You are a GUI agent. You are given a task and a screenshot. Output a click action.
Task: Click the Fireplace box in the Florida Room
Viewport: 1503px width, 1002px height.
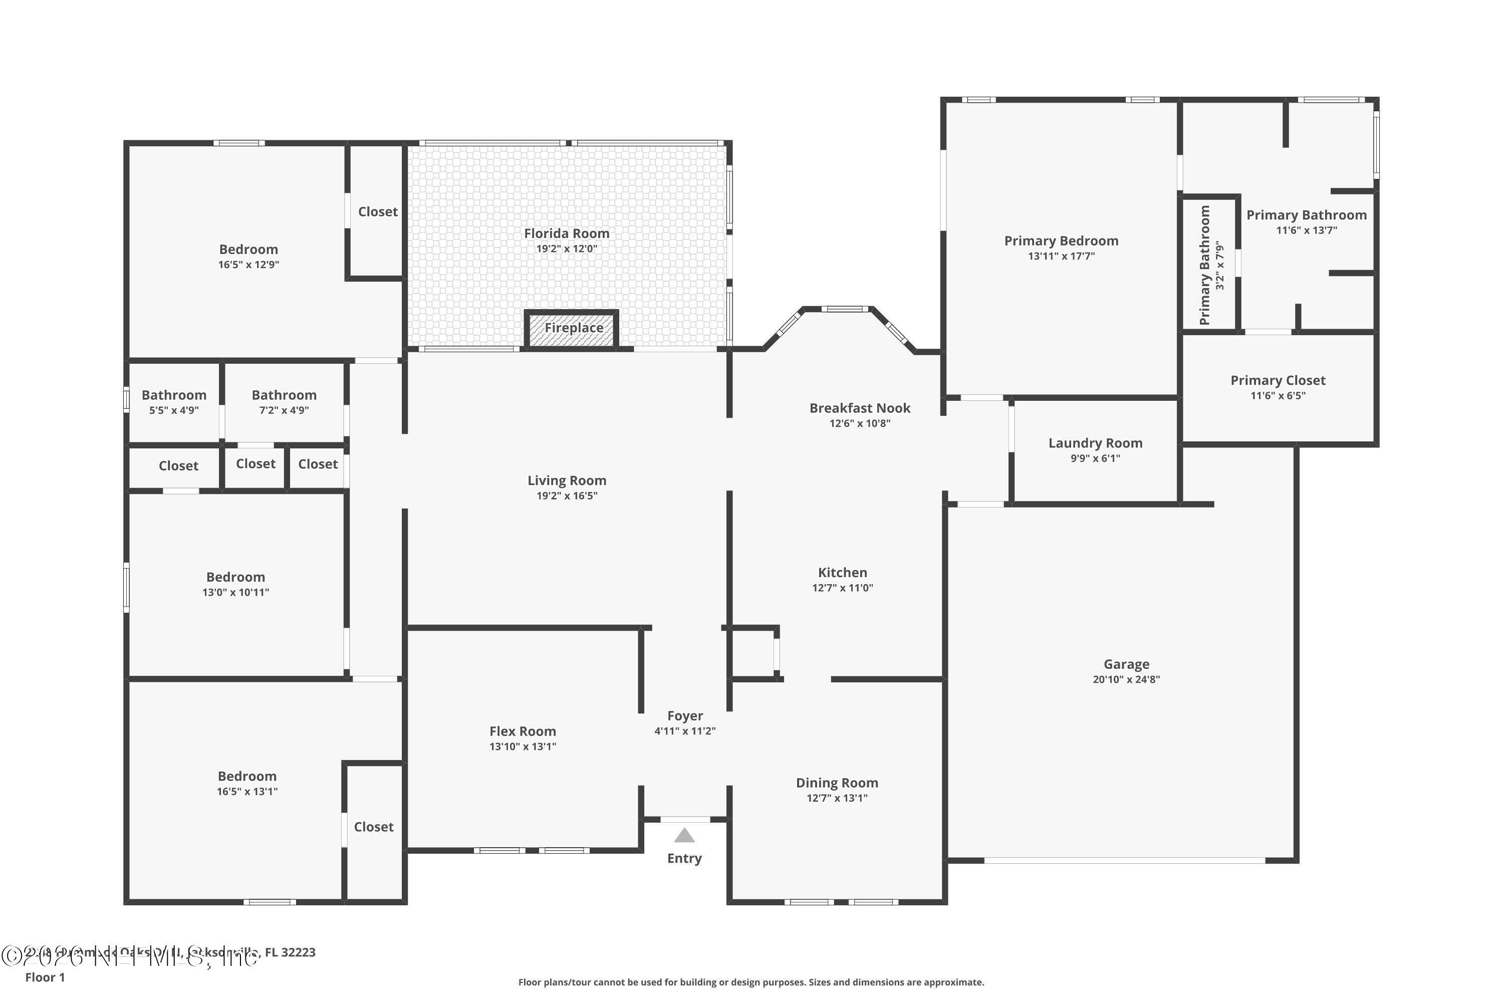572,329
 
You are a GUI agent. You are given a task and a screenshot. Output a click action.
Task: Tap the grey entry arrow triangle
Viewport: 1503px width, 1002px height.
684,836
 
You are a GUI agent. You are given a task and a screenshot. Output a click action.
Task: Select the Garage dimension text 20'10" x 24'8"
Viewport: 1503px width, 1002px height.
1126,679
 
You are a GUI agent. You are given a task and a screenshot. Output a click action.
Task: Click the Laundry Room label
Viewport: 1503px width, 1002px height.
1095,443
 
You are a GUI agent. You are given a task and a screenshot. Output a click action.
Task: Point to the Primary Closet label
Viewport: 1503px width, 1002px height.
1278,380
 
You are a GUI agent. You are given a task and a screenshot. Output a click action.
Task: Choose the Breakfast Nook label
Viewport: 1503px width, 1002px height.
860,408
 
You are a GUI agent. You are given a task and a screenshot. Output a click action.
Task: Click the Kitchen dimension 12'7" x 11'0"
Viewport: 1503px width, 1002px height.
842,588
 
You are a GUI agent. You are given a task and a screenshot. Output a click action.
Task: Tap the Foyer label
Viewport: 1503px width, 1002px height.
684,716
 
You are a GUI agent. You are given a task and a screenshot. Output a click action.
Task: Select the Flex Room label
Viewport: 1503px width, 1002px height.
522,731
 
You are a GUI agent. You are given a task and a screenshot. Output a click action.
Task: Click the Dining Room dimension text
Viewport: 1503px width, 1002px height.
837,798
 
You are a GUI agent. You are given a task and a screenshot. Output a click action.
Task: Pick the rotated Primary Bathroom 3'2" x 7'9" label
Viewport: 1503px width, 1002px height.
1210,265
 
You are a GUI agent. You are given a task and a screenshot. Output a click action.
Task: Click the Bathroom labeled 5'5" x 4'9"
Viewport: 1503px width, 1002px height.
174,402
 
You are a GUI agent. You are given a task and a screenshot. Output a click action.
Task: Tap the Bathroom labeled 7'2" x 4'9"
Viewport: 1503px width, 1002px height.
284,402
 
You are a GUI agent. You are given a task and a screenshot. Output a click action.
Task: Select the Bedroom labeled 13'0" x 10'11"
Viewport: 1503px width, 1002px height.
235,584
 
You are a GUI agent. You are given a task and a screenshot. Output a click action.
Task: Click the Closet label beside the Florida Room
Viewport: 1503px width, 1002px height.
377,211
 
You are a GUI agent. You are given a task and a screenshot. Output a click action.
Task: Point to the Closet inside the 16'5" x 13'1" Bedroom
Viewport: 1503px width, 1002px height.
373,827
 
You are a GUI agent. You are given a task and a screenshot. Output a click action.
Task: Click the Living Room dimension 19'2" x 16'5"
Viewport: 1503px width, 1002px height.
566,496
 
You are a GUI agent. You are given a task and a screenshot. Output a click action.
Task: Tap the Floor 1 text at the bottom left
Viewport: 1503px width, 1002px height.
45,977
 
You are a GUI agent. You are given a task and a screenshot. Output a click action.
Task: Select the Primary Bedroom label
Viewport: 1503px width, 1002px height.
1061,241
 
